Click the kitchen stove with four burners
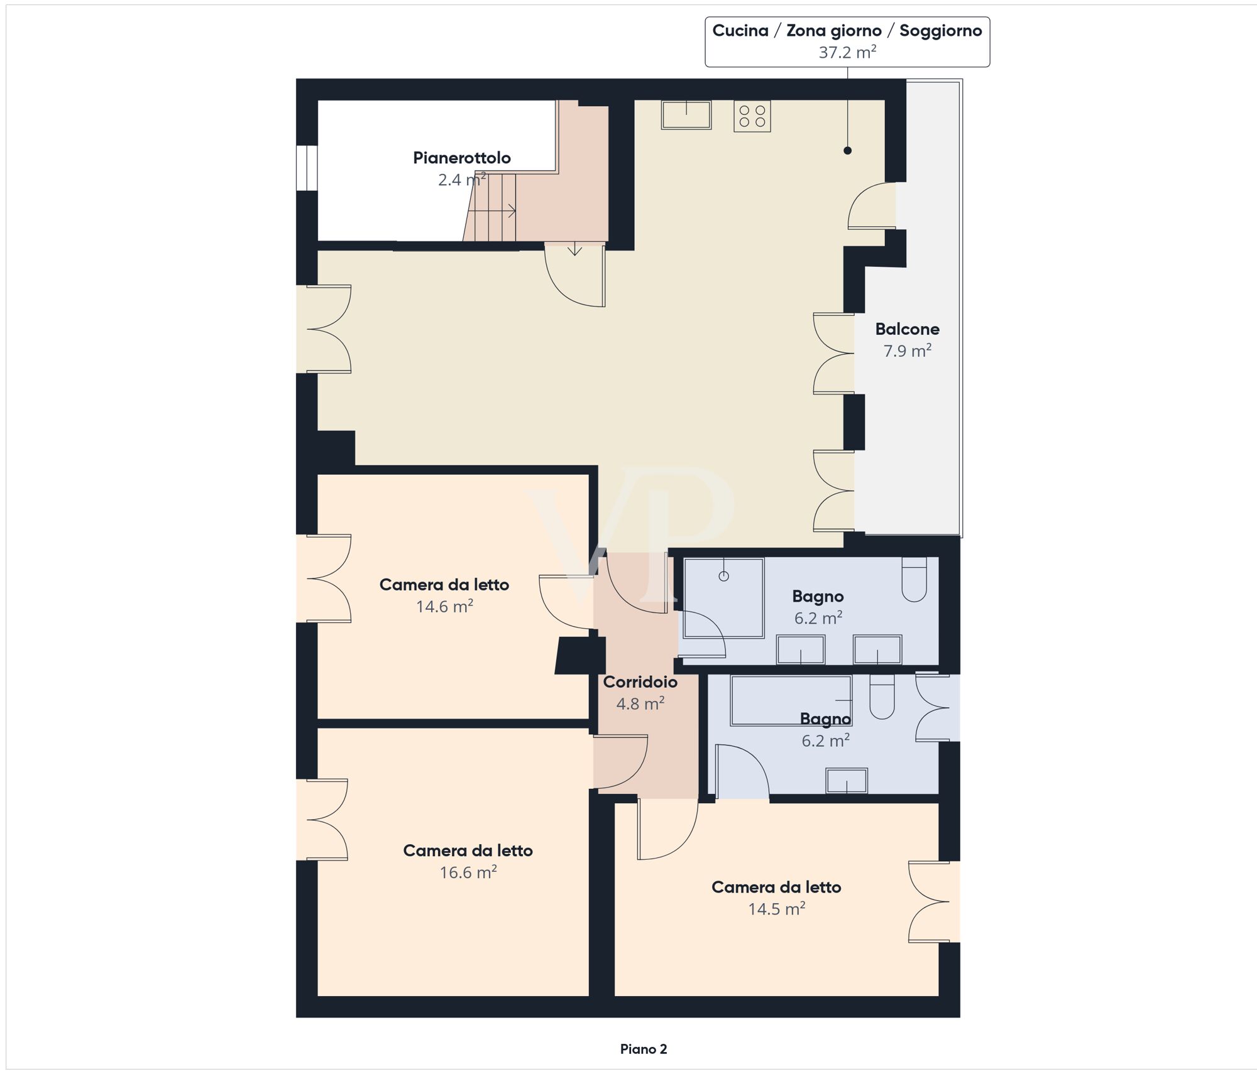click(752, 116)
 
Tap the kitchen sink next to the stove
click(686, 115)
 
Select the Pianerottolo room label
click(461, 158)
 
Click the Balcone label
click(907, 328)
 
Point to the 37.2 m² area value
click(847, 52)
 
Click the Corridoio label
click(640, 681)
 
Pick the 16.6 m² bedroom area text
click(468, 872)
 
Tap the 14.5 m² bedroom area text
click(776, 909)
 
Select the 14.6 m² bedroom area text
click(444, 606)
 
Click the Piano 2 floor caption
click(643, 1049)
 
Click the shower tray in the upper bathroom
click(723, 598)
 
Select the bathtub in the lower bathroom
click(791, 700)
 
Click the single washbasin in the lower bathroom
click(847, 781)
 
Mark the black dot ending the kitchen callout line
click(847, 150)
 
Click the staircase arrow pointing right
click(510, 211)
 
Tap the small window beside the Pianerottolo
click(307, 168)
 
